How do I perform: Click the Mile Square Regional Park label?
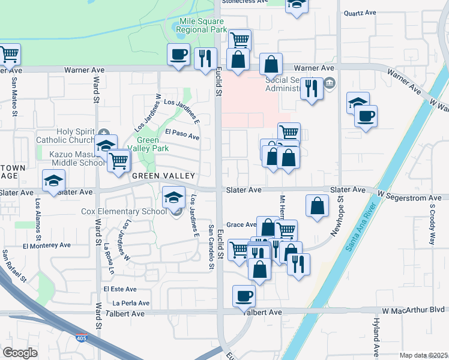coord(203,25)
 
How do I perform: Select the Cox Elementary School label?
coord(124,211)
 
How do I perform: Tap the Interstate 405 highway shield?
coord(80,339)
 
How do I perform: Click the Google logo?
coord(20,353)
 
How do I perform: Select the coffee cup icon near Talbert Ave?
coord(244,295)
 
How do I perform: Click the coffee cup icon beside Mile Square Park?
coord(179,55)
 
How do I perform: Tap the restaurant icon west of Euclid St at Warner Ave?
coord(206,58)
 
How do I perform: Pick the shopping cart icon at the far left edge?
coord(9,55)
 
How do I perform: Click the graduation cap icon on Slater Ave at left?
coord(53,181)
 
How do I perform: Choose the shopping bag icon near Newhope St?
coord(316,205)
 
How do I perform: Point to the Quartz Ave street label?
coord(359,12)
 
